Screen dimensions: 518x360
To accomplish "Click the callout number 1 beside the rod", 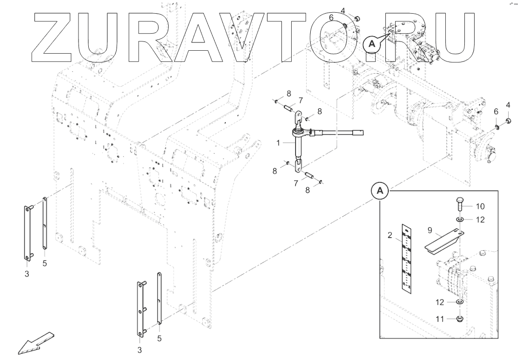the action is pyautogui.click(x=278, y=144).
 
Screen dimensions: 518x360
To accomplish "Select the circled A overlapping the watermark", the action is pyautogui.click(x=371, y=44).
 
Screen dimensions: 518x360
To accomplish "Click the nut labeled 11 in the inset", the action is pyautogui.click(x=460, y=320).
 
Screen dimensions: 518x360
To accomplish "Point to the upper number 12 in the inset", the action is pyautogui.click(x=480, y=220).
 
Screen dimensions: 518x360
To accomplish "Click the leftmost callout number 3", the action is pyautogui.click(x=27, y=274).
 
